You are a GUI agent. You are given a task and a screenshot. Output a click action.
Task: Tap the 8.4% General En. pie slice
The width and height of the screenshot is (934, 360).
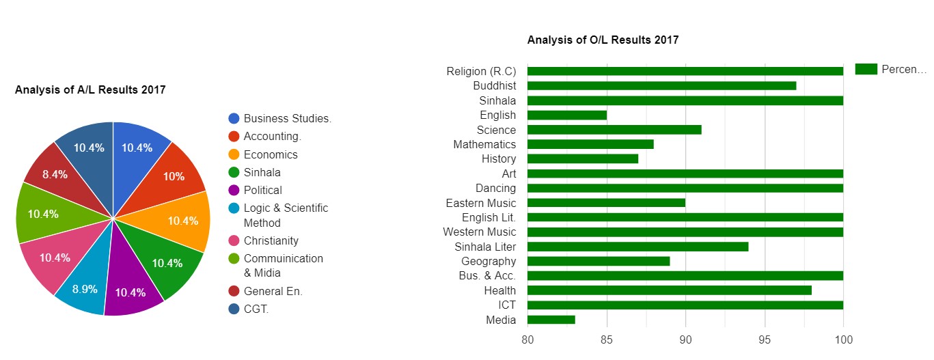pyautogui.click(x=54, y=174)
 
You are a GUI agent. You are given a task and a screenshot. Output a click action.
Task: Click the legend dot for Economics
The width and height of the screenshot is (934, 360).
pyautogui.click(x=234, y=154)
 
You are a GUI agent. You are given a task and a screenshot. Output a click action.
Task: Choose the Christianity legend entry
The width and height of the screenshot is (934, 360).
pyautogui.click(x=271, y=240)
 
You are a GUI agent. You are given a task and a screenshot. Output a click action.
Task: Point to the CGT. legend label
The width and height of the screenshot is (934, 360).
pyautogui.click(x=256, y=309)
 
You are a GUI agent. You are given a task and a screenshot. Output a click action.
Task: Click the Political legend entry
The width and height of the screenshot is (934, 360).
pyautogui.click(x=262, y=190)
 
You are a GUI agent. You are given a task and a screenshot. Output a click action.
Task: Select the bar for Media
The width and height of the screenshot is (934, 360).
pyautogui.click(x=551, y=320)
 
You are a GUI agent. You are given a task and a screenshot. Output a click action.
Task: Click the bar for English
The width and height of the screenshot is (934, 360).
pyautogui.click(x=566, y=115)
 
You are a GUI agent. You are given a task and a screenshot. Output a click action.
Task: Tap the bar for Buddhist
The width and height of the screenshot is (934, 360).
pyautogui.click(x=661, y=86)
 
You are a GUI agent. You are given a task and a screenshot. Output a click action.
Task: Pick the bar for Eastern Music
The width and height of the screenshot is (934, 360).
pyautogui.click(x=606, y=203)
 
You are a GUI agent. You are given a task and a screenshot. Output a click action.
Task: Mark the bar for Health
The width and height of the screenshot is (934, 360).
pyautogui.click(x=669, y=290)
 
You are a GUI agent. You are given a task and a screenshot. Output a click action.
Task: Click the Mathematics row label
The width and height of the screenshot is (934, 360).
pyautogui.click(x=484, y=144)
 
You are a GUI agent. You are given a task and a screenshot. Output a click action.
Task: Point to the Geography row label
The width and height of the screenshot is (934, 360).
pyautogui.click(x=489, y=261)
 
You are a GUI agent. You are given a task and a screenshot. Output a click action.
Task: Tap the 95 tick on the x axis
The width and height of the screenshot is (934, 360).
pyautogui.click(x=765, y=340)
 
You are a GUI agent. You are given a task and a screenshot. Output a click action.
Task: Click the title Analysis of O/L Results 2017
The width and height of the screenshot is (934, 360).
pyautogui.click(x=603, y=40)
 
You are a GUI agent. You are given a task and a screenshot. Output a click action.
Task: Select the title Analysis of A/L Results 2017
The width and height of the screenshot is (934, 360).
pyautogui.click(x=90, y=89)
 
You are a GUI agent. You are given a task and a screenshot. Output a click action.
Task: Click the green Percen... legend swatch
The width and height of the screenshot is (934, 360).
pyautogui.click(x=866, y=69)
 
